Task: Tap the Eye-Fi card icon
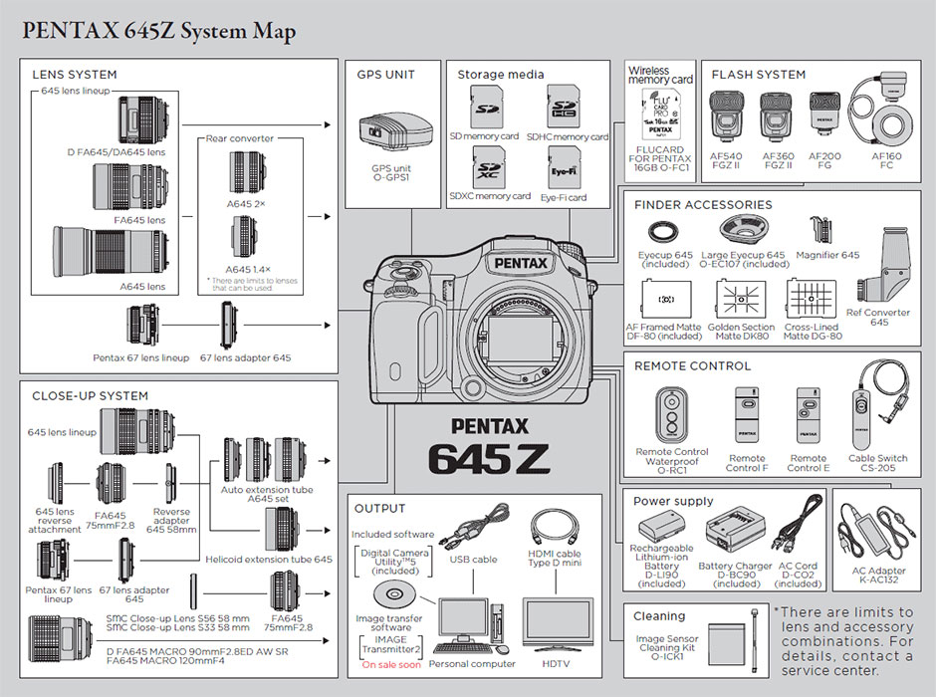pos(564,166)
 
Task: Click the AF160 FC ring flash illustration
pos(880,116)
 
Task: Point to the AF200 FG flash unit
pos(823,116)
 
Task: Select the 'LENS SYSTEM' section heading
pos(75,75)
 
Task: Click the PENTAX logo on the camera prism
pos(518,263)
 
